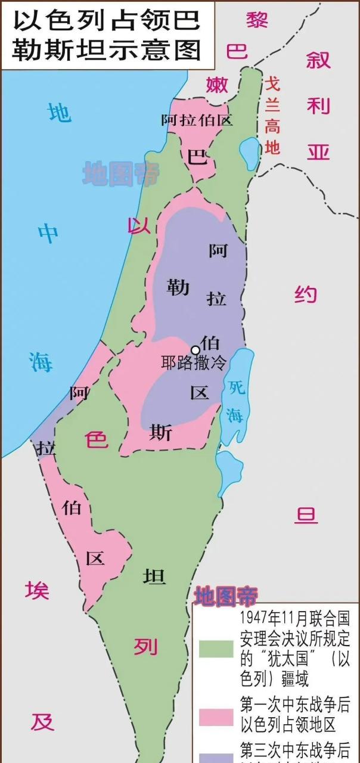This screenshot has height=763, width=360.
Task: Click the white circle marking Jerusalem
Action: (x=195, y=350)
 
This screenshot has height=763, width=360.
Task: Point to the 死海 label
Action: (x=236, y=402)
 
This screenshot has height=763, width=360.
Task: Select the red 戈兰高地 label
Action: (x=272, y=116)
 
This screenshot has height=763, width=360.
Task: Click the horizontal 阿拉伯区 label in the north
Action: (x=196, y=120)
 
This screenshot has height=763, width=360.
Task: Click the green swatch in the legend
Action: (x=216, y=649)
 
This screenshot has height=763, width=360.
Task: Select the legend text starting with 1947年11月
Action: (x=294, y=647)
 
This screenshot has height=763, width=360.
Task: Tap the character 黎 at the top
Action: (x=257, y=20)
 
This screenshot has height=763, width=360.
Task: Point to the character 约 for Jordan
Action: (x=305, y=294)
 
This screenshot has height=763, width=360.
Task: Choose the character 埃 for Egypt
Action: (x=37, y=591)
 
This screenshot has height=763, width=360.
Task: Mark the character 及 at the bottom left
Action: (x=42, y=721)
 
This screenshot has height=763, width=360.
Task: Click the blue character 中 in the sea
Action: (x=48, y=233)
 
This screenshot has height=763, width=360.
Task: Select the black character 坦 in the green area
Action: (x=154, y=576)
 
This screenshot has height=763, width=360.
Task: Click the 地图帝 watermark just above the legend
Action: (x=226, y=595)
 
